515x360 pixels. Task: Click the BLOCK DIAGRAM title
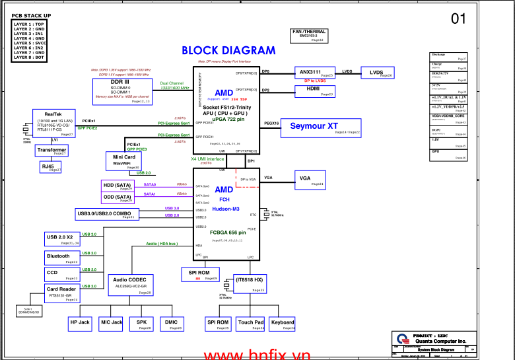pyautogui.click(x=228, y=51)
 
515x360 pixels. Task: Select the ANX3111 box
pyautogui.click(x=316, y=73)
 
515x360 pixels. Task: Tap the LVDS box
pyautogui.click(x=377, y=73)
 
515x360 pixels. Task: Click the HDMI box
pyautogui.click(x=316, y=92)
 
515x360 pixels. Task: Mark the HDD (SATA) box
pyautogui.click(x=118, y=186)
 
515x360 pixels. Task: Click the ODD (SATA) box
pyautogui.click(x=118, y=198)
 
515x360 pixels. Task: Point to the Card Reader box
pyautogui.click(x=62, y=291)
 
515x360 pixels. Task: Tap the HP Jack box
pyautogui.click(x=80, y=324)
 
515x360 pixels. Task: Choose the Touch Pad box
pyautogui.click(x=251, y=324)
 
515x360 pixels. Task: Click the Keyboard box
pyautogui.click(x=283, y=324)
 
